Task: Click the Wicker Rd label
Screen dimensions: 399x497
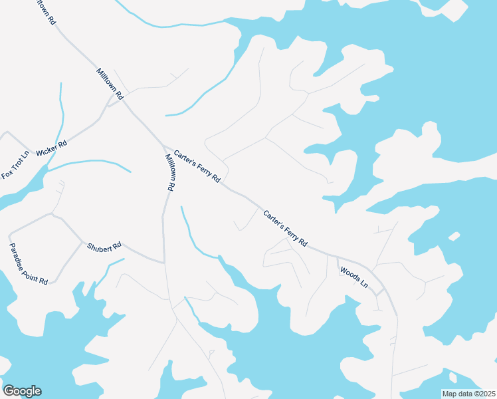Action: tap(52, 148)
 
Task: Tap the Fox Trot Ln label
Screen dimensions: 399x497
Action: tap(16, 166)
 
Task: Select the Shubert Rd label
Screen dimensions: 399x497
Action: tap(104, 246)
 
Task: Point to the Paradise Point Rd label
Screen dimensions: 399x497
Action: tap(28, 263)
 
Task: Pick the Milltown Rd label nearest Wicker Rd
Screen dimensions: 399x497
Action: tap(110, 84)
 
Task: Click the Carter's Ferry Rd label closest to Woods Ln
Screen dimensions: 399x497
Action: tap(286, 229)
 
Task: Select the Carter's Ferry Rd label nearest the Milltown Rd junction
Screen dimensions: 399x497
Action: tap(197, 167)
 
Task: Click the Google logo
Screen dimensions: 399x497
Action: tap(22, 391)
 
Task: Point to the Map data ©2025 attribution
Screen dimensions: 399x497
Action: tap(468, 394)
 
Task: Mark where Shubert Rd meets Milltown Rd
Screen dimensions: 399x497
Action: tap(164, 262)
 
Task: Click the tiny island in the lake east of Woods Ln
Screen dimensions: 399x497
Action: tap(454, 236)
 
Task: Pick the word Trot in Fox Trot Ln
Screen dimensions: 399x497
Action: tap(16, 166)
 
